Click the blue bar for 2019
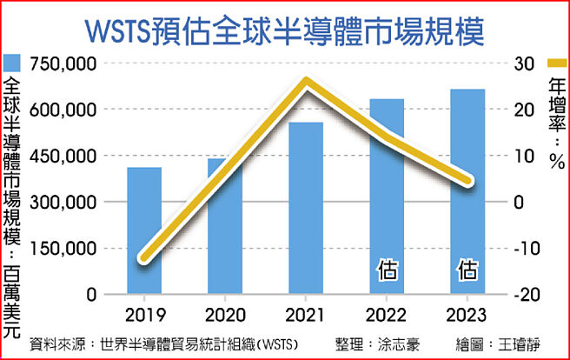click(144, 230)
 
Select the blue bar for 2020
click(225, 226)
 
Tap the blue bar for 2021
click(306, 209)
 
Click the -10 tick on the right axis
click(523, 249)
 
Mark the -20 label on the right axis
click(523, 295)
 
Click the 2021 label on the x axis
click(306, 314)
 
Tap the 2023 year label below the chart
click(467, 314)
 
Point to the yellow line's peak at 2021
click(306, 82)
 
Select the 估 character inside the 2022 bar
click(387, 270)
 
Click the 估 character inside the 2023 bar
click(467, 270)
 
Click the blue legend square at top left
click(12, 63)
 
